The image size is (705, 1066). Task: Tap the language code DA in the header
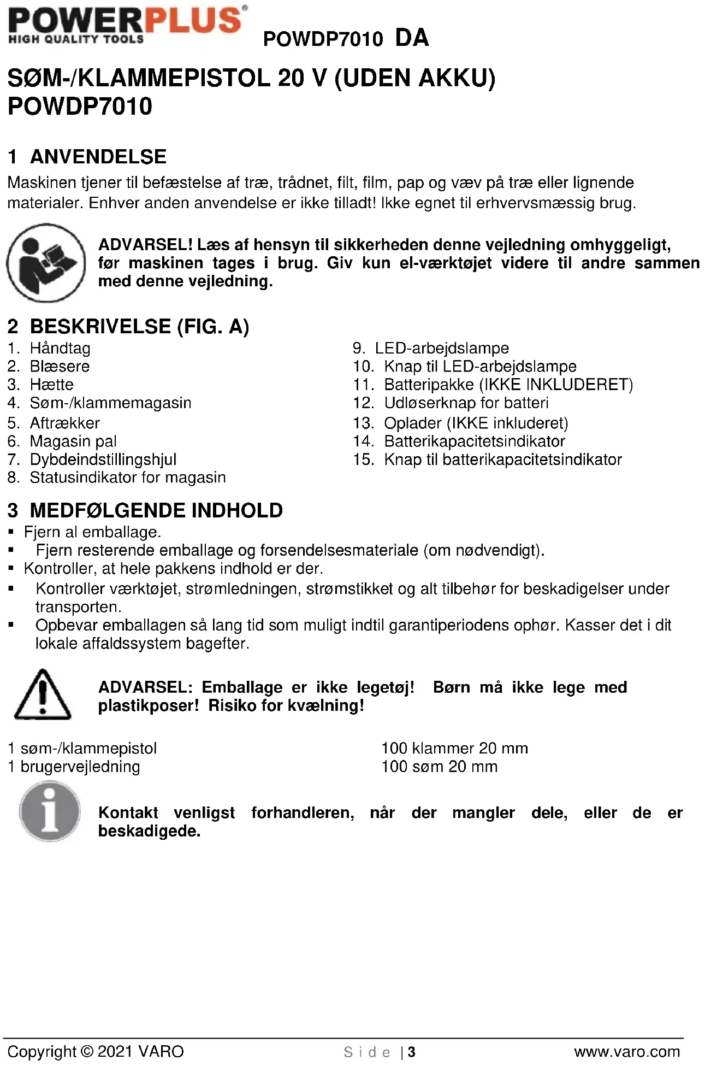[x=412, y=38]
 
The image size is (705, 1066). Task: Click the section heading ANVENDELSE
[x=98, y=157]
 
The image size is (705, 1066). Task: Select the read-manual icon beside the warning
[x=46, y=263]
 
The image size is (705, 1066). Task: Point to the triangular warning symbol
[x=42, y=694]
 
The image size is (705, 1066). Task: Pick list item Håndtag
[x=60, y=348]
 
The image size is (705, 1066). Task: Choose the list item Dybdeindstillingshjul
[x=103, y=460]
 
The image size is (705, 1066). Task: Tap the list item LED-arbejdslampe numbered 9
[x=441, y=348]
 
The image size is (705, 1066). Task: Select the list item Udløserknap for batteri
[x=466, y=403]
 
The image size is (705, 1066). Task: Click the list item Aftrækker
[x=64, y=423]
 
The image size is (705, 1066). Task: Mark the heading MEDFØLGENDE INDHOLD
[x=156, y=510]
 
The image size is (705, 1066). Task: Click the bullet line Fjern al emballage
[x=92, y=532]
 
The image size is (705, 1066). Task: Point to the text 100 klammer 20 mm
[x=454, y=749]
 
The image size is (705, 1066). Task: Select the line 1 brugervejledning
[x=74, y=767]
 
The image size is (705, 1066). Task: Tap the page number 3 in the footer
[x=412, y=1052]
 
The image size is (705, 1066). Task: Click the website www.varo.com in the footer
[x=627, y=1052]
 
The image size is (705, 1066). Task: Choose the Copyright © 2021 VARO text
[x=96, y=1052]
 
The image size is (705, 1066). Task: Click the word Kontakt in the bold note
[x=128, y=813]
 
